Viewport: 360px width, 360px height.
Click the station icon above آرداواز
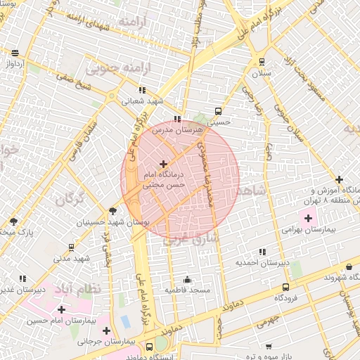(15, 53)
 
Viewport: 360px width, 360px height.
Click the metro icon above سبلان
(262, 61)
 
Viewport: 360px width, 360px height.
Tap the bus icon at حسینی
(218, 110)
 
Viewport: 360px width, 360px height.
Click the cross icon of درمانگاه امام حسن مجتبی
(164, 163)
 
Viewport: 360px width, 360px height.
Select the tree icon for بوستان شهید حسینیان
(112, 211)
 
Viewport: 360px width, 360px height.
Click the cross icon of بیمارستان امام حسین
(61, 309)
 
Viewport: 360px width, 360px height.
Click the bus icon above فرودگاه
(285, 287)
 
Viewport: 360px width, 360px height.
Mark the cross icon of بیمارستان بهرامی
(308, 217)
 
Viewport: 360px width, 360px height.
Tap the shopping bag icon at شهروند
(349, 266)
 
